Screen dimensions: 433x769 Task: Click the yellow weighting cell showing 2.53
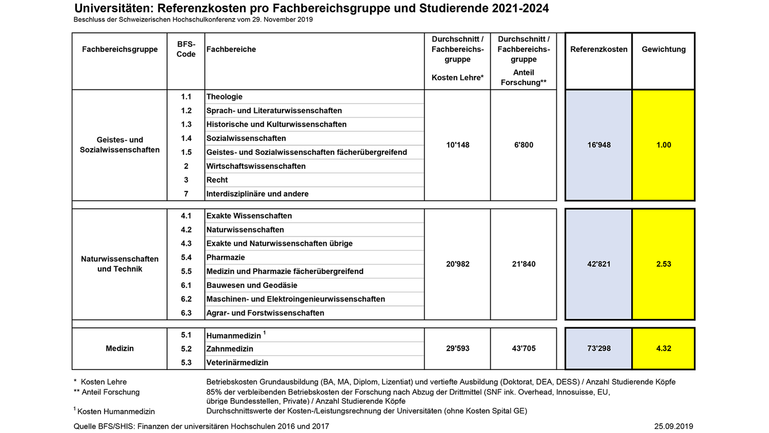click(663, 264)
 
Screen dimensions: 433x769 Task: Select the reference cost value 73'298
click(599, 348)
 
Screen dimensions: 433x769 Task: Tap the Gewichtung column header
click(663, 49)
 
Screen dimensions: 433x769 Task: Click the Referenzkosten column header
click(599, 49)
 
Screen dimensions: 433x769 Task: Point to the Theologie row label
click(225, 96)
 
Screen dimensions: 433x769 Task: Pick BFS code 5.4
click(186, 258)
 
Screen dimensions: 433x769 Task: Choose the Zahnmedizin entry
click(230, 349)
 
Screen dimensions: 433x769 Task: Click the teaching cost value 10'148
click(458, 145)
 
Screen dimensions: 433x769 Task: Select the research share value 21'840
click(523, 264)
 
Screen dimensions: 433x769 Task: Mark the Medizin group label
click(119, 348)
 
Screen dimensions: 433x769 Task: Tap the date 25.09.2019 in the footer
click(673, 426)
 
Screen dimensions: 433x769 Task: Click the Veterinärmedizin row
click(237, 363)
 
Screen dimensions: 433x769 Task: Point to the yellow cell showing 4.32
click(663, 348)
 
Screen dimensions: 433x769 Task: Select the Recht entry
click(217, 180)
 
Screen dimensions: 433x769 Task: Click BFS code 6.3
click(186, 313)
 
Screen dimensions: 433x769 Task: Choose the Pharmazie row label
click(226, 258)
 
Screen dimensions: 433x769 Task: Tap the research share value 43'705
click(523, 348)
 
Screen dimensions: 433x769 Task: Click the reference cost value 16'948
click(599, 145)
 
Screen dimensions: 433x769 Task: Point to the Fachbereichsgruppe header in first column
click(119, 49)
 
